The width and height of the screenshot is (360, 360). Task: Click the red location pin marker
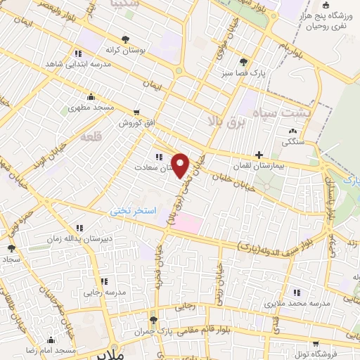(x=181, y=165)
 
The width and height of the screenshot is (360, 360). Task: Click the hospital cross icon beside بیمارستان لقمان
(x=259, y=154)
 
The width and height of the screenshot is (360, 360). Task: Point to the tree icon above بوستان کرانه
(x=125, y=40)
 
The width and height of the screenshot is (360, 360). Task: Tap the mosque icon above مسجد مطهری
(x=90, y=98)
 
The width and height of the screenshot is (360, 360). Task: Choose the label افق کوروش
(x=136, y=122)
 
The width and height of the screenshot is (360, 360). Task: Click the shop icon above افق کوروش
(x=136, y=112)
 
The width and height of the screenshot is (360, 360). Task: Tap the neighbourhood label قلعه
(x=92, y=138)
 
